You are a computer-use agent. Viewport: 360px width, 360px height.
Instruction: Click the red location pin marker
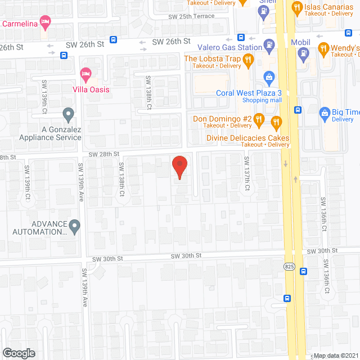pos(179,167)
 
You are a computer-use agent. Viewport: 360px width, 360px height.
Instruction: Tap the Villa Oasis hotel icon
pos(86,73)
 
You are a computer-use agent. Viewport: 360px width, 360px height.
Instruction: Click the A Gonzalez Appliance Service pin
pos(69,115)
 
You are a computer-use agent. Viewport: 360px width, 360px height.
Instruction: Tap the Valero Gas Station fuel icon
pos(269,44)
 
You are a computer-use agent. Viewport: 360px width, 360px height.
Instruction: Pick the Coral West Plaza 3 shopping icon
pos(269,76)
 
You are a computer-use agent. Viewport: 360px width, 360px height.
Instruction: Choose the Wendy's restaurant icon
pos(323,48)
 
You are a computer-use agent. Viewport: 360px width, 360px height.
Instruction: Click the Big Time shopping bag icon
pos(325,113)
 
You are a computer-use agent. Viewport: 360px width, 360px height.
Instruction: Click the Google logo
pos(19,353)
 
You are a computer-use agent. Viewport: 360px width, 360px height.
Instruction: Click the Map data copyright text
pos(336,355)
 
